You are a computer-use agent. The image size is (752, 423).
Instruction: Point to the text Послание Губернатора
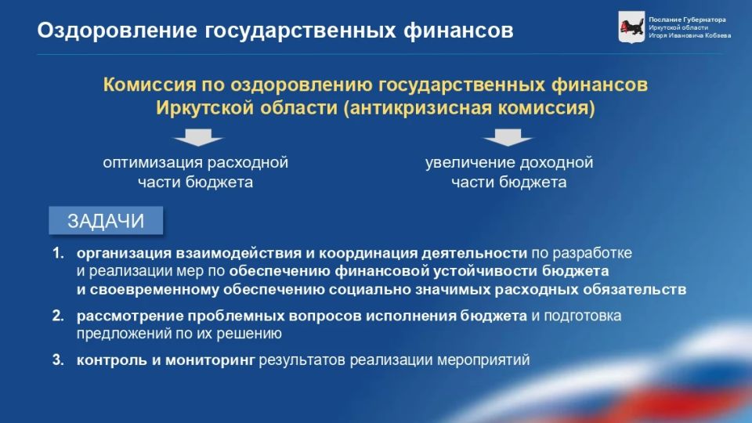click(x=687, y=19)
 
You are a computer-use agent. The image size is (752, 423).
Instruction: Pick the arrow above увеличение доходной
click(x=508, y=139)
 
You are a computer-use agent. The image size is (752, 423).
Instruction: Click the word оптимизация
click(x=151, y=163)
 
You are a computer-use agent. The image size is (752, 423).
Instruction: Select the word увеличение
click(x=468, y=163)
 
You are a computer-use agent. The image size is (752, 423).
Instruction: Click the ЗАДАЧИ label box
click(x=106, y=221)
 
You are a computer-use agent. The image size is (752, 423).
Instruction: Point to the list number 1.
click(x=57, y=254)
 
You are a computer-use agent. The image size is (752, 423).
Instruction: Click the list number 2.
click(x=57, y=316)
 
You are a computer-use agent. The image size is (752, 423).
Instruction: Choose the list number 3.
click(x=57, y=360)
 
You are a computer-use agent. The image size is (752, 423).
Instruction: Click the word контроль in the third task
click(x=107, y=360)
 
